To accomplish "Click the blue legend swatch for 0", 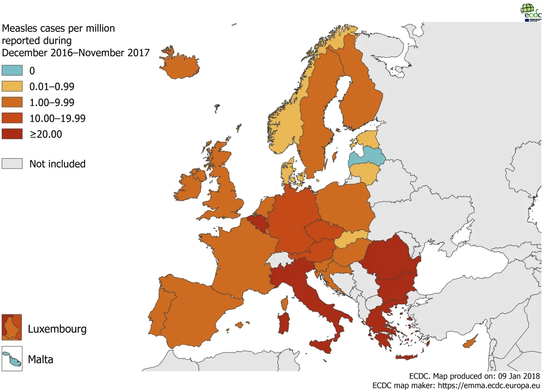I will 12,70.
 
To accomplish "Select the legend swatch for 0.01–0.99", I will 12,86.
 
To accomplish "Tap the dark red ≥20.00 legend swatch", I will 12,134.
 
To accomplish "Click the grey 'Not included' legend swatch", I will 12,164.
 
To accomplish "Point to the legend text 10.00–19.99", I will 57,118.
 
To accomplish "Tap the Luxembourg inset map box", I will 12,327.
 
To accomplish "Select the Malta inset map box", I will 12,359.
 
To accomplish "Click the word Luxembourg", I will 57,329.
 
